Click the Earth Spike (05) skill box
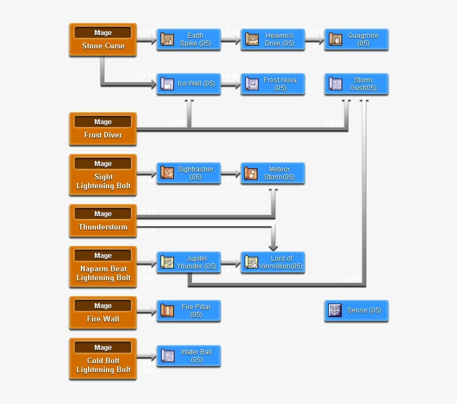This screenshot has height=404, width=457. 188,40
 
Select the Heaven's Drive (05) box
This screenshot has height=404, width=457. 273,40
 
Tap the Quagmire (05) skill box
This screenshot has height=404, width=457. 356,40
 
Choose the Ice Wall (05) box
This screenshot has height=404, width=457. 188,84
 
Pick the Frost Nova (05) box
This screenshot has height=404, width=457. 273,84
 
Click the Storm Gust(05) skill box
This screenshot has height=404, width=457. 356,84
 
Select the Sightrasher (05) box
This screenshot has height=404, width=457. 188,173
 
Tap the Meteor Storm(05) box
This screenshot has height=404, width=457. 273,173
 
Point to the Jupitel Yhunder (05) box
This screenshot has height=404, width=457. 188,262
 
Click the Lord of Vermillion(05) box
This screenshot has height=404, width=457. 273,262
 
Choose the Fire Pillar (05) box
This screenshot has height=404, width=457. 188,310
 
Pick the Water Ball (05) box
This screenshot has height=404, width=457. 188,356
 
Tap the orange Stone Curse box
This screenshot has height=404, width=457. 103,40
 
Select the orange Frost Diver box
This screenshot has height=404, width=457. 103,129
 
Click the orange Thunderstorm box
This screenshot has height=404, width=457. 103,221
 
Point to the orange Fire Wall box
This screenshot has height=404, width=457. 103,313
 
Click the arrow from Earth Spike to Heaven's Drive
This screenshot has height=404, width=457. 231,40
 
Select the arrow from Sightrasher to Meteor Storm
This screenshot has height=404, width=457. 231,173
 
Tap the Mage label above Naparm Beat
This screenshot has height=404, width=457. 103,256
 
